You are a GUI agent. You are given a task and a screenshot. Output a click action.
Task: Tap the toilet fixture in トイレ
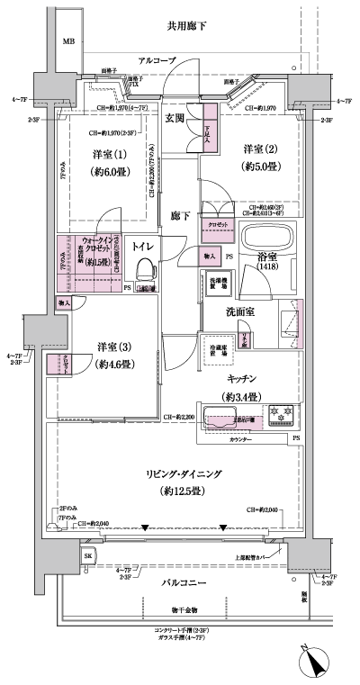[x=143, y=271]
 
